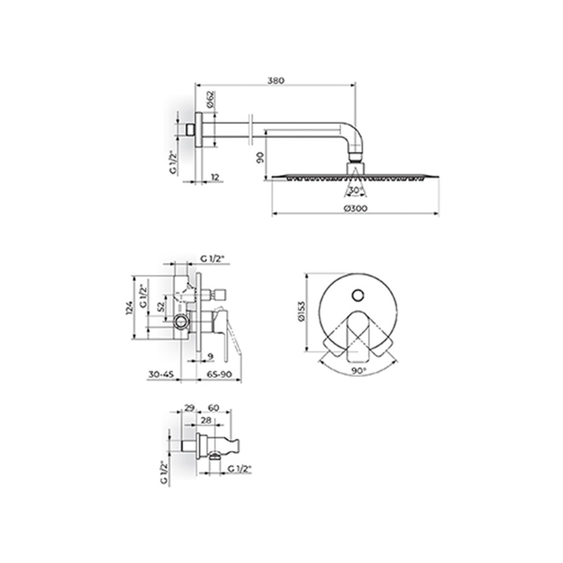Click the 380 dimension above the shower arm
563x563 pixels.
coord(276,80)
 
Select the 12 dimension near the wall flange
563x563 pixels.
coord(215,177)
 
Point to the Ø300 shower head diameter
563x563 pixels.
coord(355,208)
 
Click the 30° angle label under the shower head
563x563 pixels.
coord(355,190)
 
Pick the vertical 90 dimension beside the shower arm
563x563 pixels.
coord(260,158)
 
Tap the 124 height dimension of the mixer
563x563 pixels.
coord(129,308)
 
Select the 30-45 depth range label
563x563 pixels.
coord(161,374)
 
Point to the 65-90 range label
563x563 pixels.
coord(219,374)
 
